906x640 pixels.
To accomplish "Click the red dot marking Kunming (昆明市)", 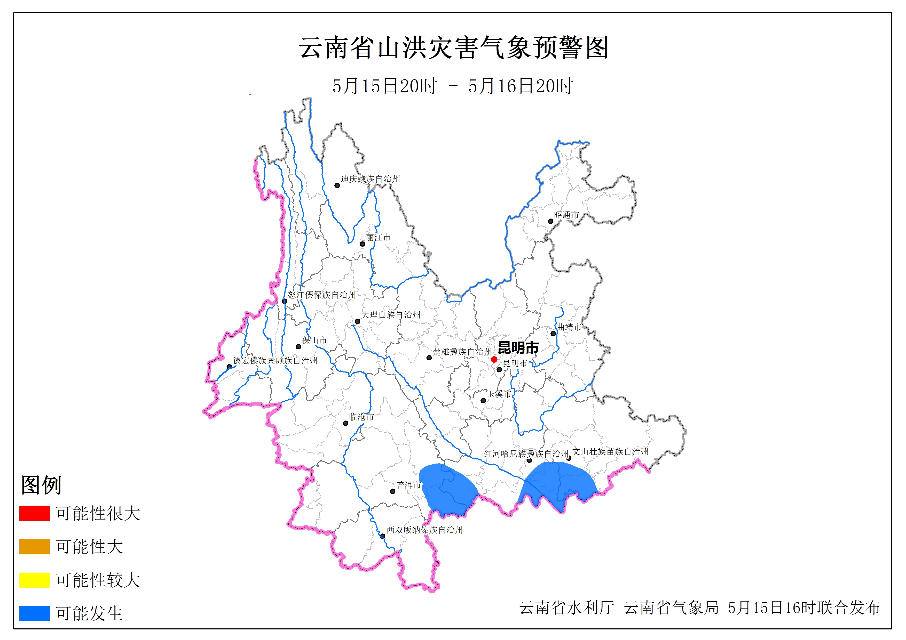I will [494, 359].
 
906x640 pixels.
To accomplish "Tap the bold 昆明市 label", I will [518, 348].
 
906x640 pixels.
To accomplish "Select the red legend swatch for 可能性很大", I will [34, 513].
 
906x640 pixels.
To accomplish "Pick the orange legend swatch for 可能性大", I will [34, 547].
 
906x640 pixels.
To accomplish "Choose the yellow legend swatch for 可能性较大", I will [34, 580].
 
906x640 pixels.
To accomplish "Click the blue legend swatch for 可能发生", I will [34, 613].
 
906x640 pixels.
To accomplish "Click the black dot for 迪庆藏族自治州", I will [337, 185].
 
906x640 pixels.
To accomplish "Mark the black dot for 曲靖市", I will [553, 334].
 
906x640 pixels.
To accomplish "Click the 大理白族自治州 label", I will [391, 315].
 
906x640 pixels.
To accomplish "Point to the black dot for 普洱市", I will [393, 491].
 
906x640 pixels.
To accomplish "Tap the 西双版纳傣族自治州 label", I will [424, 530].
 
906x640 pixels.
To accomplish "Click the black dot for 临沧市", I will [346, 424].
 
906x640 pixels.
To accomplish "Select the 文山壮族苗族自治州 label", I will [610, 451].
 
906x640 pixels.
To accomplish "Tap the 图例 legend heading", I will [41, 485].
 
